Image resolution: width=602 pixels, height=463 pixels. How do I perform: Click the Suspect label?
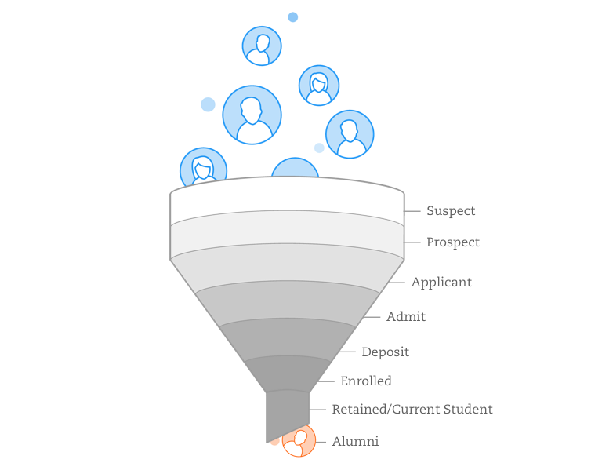451,211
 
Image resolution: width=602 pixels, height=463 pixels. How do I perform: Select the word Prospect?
453,242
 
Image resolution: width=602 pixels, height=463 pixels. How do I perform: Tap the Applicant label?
441,283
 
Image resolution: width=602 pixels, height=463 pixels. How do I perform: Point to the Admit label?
406,316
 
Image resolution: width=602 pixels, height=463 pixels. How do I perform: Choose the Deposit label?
386,352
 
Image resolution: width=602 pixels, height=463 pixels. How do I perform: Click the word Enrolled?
366,381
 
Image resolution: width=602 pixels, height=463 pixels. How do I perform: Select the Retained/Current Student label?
412,409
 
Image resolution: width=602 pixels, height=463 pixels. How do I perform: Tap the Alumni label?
355,442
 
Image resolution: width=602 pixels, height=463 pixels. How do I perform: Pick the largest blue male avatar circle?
252,115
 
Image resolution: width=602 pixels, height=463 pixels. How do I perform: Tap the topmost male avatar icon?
262,46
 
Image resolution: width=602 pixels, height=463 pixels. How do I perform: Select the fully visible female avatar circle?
319,86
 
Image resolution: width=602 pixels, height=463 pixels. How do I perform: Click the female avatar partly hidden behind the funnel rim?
203,166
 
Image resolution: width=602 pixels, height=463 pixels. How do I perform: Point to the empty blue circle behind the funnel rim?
295,167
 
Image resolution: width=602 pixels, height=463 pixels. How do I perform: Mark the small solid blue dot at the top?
293,17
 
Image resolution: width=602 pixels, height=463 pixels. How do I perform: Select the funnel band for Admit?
287,301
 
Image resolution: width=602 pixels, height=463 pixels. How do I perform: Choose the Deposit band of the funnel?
287,338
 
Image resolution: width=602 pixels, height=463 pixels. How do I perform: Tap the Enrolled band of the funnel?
287,373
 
